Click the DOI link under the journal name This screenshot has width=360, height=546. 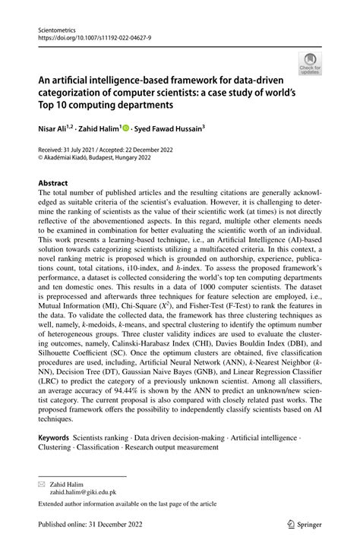coord(89,35)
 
